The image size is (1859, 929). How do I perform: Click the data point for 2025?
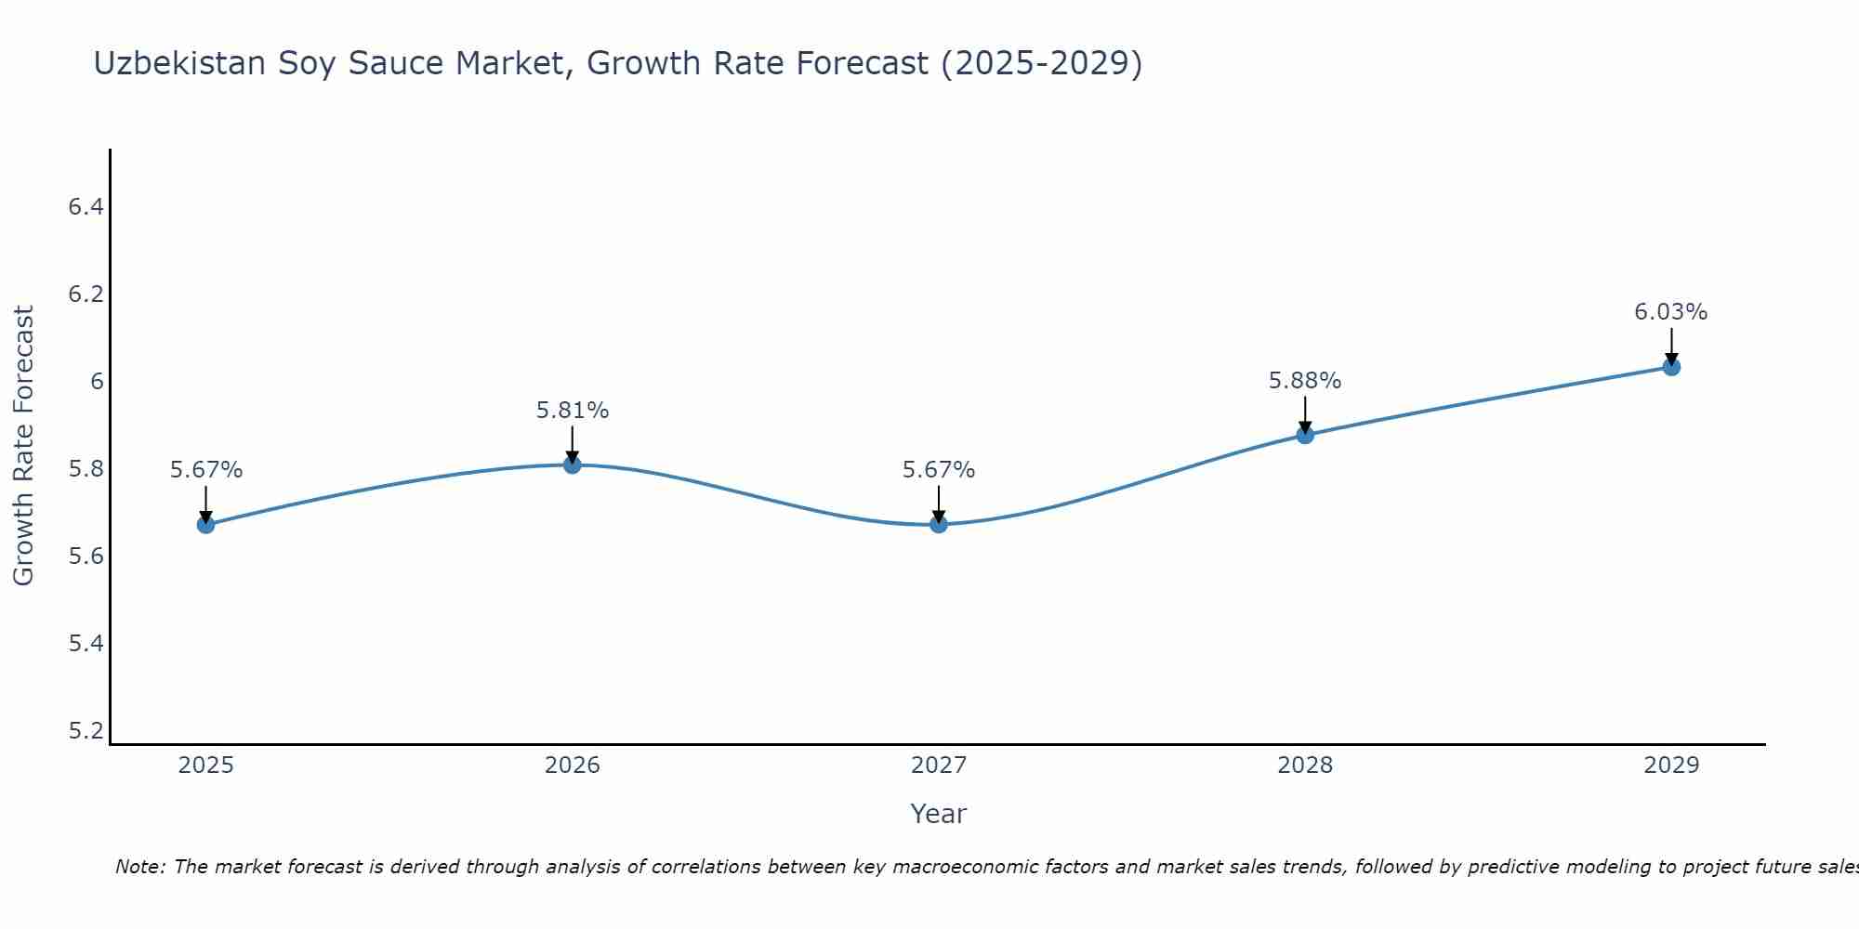pyautogui.click(x=206, y=525)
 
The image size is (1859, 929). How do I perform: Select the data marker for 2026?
pyautogui.click(x=573, y=464)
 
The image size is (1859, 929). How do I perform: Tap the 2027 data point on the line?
pyautogui.click(x=939, y=525)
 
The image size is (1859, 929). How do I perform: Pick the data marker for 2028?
pyautogui.click(x=1305, y=435)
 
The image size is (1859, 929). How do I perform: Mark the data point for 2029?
pyautogui.click(x=1671, y=367)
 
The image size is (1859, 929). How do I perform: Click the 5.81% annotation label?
pyautogui.click(x=573, y=411)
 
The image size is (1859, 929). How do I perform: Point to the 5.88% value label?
pyautogui.click(x=1305, y=381)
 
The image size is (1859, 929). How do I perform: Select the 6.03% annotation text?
pyautogui.click(x=1671, y=312)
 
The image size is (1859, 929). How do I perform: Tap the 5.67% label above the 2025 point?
pyautogui.click(x=206, y=470)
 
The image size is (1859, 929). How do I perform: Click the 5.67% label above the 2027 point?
pyautogui.click(x=939, y=470)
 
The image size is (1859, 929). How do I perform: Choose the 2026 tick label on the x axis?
pyautogui.click(x=573, y=765)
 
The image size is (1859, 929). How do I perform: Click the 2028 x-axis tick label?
pyautogui.click(x=1305, y=765)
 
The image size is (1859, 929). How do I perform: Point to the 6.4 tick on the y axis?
pyautogui.click(x=86, y=207)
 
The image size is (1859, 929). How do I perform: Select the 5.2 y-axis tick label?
pyautogui.click(x=86, y=731)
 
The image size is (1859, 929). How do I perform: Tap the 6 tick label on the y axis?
pyautogui.click(x=97, y=382)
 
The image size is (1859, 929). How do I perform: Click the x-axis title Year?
pyautogui.click(x=939, y=814)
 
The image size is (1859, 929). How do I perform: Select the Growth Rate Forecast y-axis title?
pyautogui.click(x=24, y=446)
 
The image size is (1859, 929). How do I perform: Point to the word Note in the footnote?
pyautogui.click(x=139, y=867)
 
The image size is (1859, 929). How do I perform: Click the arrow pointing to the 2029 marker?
pyautogui.click(x=1671, y=346)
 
